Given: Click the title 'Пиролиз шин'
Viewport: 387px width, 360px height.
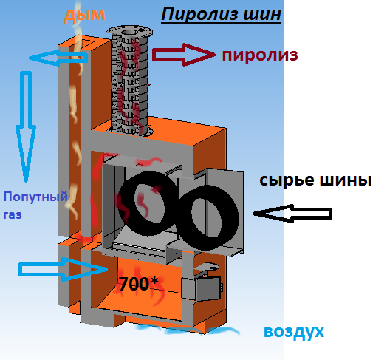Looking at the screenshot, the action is coord(221,15).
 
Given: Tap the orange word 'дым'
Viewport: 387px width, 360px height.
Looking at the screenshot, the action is coord(85,16).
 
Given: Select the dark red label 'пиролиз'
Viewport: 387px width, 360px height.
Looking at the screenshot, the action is coord(260,55).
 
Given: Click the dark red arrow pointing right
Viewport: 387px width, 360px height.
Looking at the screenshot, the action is coord(184,55).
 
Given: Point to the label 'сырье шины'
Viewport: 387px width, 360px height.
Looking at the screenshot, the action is coord(315,180).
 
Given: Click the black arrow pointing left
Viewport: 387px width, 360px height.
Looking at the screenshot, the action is coord(292,214).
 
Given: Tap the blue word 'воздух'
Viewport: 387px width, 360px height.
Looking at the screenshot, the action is coord(294,332).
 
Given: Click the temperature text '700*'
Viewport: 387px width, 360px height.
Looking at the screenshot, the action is coord(138,284).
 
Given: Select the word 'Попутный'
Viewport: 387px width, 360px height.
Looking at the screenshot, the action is coord(35,197).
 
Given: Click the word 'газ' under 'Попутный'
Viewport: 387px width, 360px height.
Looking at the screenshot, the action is coord(13,214).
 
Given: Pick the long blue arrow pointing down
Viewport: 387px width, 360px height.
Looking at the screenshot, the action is coord(26,126).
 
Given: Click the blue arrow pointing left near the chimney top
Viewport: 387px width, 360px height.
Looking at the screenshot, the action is coord(58,58).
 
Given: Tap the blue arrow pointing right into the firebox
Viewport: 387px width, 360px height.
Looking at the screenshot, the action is coord(64,270).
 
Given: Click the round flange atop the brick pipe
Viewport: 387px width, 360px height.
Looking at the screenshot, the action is coord(130,32).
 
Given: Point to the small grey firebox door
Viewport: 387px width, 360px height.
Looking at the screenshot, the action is coord(201,288).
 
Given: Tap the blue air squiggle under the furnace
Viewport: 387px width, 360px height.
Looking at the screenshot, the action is coord(188,330).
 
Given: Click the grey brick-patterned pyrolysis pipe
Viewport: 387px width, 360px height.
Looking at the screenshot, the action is coord(130,84).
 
